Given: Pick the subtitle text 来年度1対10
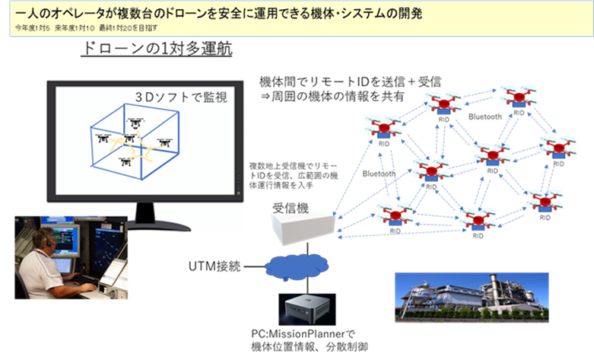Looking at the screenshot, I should [75, 29].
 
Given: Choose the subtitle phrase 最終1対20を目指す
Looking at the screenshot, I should [128, 29].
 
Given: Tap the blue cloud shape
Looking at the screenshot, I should [297, 267].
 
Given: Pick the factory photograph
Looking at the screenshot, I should [472, 297].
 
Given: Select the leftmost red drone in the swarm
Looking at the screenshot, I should [383, 126].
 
